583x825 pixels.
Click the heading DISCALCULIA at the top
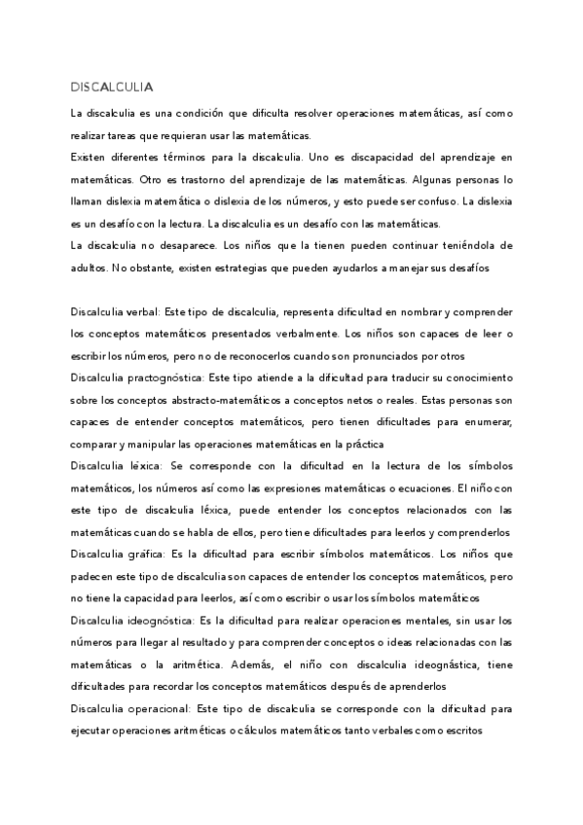pyautogui.click(x=112, y=87)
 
